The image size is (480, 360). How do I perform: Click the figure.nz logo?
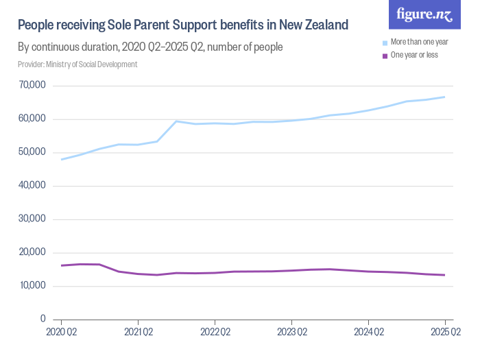pos(424,15)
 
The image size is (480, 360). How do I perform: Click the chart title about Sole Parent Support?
pos(183,26)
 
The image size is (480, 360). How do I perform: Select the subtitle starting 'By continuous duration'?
pos(150,48)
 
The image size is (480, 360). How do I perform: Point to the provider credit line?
pos(77,64)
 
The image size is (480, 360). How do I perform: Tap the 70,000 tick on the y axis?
pos(33,86)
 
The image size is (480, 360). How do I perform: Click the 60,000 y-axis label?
pos(33,119)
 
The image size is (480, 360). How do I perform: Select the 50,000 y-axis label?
pos(33,152)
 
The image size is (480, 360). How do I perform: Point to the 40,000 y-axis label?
pos(33,186)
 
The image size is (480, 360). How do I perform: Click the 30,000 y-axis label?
pos(33,219)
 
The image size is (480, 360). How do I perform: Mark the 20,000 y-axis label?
pos(33,252)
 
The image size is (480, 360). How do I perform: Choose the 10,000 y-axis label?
pos(33,286)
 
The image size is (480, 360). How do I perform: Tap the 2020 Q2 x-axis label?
pos(61,333)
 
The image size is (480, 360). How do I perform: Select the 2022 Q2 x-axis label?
pos(215,333)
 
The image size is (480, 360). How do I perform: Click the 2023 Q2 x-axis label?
pos(291,333)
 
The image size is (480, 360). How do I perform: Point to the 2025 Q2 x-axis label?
pos(445,333)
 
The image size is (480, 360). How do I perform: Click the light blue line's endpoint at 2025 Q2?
pos(445,97)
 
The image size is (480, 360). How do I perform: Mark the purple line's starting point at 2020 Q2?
pos(61,265)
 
